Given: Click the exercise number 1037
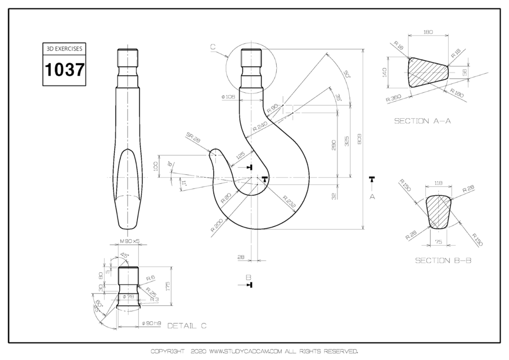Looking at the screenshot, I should tap(64, 70).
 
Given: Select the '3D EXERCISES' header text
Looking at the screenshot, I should tap(64, 49).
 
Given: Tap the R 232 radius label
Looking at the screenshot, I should tap(289, 201).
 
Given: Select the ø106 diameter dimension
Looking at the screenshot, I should tap(228, 97).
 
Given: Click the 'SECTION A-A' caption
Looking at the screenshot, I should tap(422, 120).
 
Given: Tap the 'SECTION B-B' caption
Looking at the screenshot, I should tap(443, 260).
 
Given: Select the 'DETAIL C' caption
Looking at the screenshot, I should tap(187, 326).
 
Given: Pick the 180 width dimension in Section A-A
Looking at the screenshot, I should tap(427, 33).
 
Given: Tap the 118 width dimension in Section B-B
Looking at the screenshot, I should tap(439, 183).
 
